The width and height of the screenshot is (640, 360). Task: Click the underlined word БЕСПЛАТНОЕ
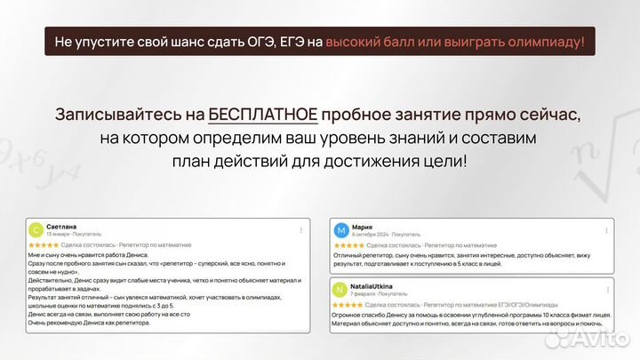tap(263, 116)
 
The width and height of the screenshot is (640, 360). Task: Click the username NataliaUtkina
tap(378, 286)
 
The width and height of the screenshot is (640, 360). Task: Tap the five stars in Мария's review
tap(347, 244)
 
